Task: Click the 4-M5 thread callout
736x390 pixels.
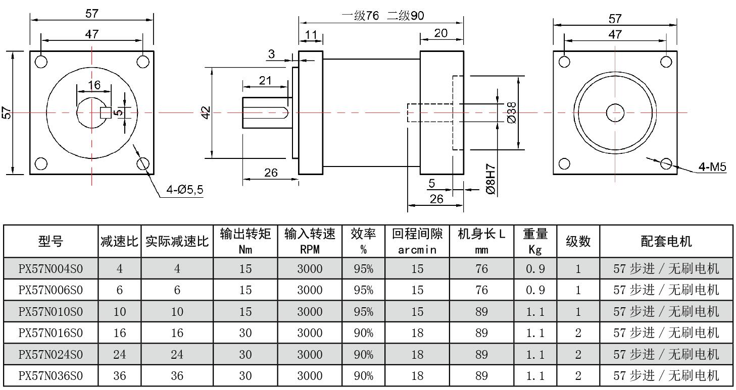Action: tap(713, 166)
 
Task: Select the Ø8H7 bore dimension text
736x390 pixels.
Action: tap(490, 179)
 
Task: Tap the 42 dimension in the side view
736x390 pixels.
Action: tap(205, 113)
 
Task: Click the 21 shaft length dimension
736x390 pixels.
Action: tap(265, 80)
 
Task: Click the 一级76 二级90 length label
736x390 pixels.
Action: tap(382, 16)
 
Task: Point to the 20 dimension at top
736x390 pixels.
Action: tap(440, 33)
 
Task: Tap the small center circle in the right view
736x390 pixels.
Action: tap(615, 113)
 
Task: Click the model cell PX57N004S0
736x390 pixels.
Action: tap(51, 268)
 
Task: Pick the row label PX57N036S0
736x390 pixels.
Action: tap(51, 376)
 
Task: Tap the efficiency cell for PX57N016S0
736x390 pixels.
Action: tap(363, 333)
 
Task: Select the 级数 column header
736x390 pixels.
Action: tap(578, 241)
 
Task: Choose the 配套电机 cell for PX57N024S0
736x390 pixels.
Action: tap(666, 354)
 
